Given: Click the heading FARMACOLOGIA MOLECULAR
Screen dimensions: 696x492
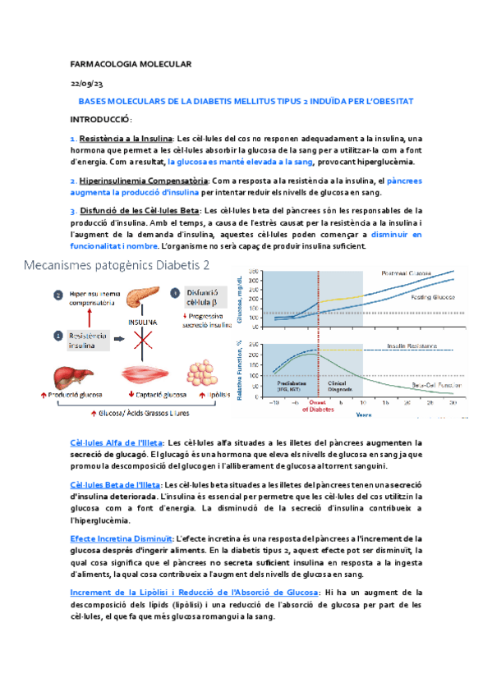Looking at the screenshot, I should tap(131, 64).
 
